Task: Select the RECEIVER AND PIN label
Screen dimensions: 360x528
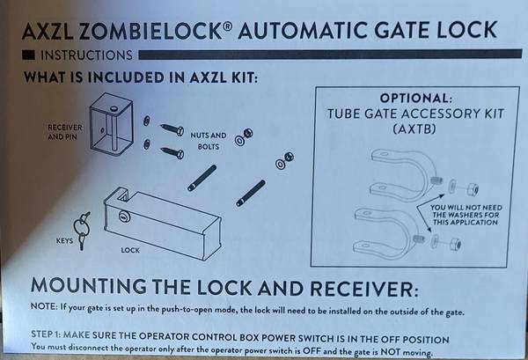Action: click(x=64, y=131)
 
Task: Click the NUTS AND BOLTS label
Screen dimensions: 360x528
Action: click(x=208, y=140)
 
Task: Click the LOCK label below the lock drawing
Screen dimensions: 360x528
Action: click(x=129, y=250)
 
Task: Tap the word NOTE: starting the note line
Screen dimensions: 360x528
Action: click(x=46, y=312)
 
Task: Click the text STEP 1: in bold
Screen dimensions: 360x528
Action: click(x=52, y=339)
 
